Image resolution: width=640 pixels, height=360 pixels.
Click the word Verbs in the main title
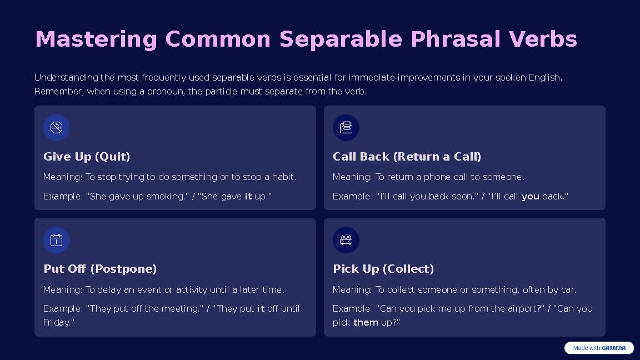[543, 40]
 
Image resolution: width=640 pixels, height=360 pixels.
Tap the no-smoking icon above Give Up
[56, 128]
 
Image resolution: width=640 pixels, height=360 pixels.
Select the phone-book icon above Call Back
[346, 128]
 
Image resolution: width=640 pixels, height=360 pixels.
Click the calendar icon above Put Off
[56, 240]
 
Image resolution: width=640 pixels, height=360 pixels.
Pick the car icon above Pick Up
[346, 240]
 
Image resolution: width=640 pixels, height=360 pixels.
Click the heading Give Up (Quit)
[87, 157]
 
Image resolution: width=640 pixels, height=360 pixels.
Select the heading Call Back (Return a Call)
[407, 157]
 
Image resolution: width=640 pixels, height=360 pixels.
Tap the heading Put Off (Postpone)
[100, 269]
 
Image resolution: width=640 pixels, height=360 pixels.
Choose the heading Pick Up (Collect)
[383, 269]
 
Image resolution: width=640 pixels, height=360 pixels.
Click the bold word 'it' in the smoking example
[248, 196]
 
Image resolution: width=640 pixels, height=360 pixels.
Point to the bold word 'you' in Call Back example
[530, 196]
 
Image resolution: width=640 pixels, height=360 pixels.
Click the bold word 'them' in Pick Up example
[366, 322]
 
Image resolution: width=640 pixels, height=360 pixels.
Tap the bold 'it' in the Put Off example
[261, 308]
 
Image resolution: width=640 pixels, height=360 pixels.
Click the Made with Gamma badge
[599, 348]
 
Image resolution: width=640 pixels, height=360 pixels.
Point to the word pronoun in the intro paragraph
[164, 91]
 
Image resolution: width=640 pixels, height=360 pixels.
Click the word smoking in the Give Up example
[167, 196]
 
